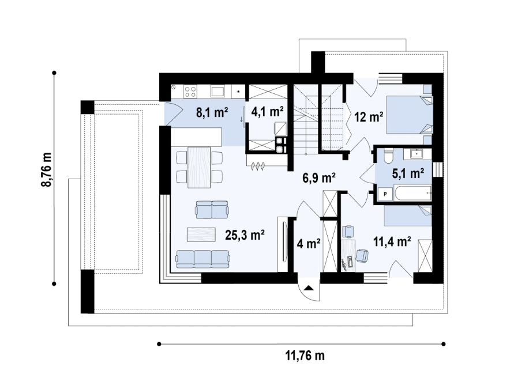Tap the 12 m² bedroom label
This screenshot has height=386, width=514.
pyautogui.click(x=369, y=118)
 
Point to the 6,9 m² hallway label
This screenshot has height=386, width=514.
pyautogui.click(x=319, y=178)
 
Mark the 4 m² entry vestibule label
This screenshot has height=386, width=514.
pyautogui.click(x=309, y=244)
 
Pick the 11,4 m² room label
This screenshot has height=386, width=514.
pyautogui.click(x=393, y=242)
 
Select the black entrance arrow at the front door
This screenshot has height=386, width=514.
pyautogui.click(x=309, y=288)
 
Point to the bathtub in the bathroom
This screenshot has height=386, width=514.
pyautogui.click(x=411, y=194)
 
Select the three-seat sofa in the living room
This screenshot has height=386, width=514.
pyautogui.click(x=202, y=259)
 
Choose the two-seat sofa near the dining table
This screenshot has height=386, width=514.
pyautogui.click(x=212, y=210)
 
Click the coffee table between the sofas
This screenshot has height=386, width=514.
pyautogui.click(x=203, y=234)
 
